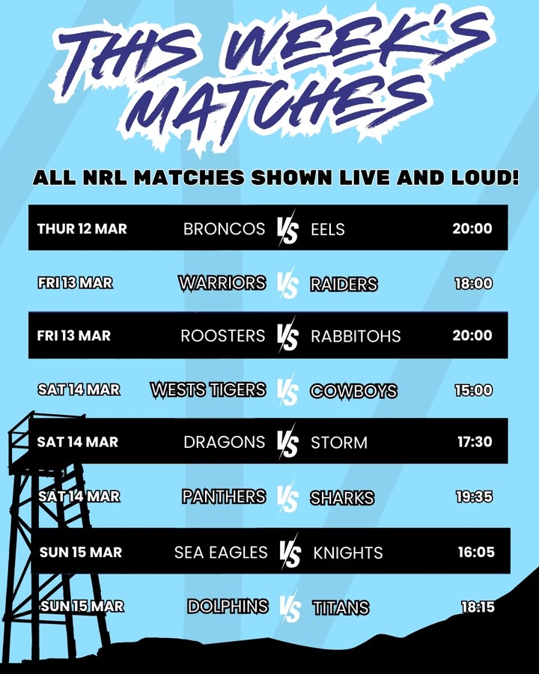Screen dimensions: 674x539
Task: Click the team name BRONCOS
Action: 224,228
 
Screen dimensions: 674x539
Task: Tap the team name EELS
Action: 328,228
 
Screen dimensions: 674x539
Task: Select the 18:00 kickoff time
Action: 473,284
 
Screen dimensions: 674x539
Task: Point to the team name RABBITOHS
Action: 356,336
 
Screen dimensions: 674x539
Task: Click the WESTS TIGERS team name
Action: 208,389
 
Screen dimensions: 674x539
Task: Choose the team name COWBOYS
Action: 353,391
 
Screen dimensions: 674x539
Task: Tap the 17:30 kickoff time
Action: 475,442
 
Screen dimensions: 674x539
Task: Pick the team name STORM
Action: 339,443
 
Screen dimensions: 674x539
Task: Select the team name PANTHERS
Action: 224,497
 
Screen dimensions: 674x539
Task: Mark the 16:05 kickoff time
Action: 476,553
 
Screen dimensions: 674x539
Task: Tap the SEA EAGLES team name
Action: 221,553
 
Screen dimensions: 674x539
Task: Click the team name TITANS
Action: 341,607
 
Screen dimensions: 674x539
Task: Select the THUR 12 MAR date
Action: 82,228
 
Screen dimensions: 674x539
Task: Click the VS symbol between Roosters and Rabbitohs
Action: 287,336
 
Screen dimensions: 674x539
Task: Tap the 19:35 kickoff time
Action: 475,497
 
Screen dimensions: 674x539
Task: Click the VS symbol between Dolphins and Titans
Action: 289,607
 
